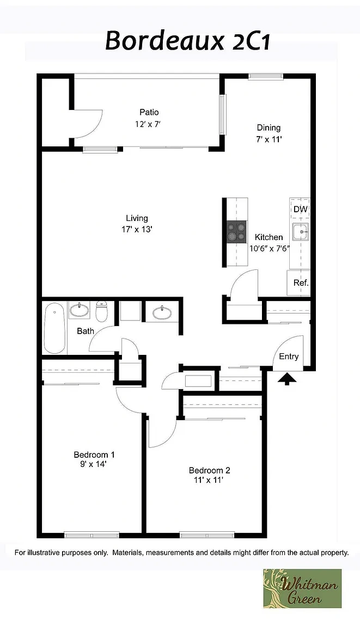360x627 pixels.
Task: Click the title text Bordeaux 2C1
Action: click(187, 41)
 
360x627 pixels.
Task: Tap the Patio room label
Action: click(149, 112)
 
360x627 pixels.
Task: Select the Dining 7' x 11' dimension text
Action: click(269, 139)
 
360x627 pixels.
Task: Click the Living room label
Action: click(137, 218)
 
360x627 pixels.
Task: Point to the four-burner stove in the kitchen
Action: click(236, 231)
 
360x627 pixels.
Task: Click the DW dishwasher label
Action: click(301, 209)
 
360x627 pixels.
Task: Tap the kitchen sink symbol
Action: click(301, 232)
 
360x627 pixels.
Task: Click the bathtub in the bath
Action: click(54, 328)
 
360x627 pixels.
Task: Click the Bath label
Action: click(86, 331)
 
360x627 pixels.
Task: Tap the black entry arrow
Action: click(287, 379)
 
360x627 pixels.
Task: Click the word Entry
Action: click(289, 356)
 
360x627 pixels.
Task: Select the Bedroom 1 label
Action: click(94, 454)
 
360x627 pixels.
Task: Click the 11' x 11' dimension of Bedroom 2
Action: click(208, 480)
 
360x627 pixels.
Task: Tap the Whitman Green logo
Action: click(302, 588)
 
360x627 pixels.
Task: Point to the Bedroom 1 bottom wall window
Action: click(92, 534)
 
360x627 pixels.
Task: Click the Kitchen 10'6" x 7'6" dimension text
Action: click(269, 248)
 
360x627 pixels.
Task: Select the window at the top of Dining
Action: click(265, 76)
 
